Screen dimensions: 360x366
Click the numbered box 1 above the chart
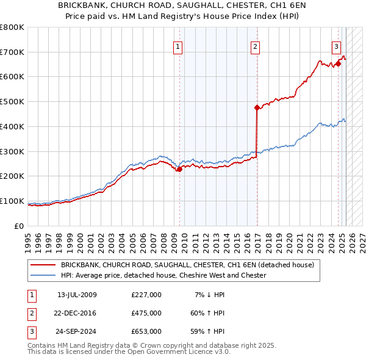pyautogui.click(x=178, y=46)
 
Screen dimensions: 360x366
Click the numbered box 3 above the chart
pyautogui.click(x=336, y=46)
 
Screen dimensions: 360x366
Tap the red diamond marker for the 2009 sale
pyautogui.click(x=179, y=170)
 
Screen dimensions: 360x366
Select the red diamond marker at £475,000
pyautogui.click(x=257, y=107)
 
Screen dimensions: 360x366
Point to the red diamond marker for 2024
pyautogui.click(x=338, y=63)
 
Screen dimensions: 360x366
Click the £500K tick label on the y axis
pyautogui.click(x=12, y=101)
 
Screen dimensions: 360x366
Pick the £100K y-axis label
pyautogui.click(x=12, y=201)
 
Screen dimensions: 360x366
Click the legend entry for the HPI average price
pyautogui.click(x=163, y=275)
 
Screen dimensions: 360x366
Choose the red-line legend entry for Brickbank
pyautogui.click(x=187, y=265)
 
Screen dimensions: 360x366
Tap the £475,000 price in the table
pyautogui.click(x=146, y=313)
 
